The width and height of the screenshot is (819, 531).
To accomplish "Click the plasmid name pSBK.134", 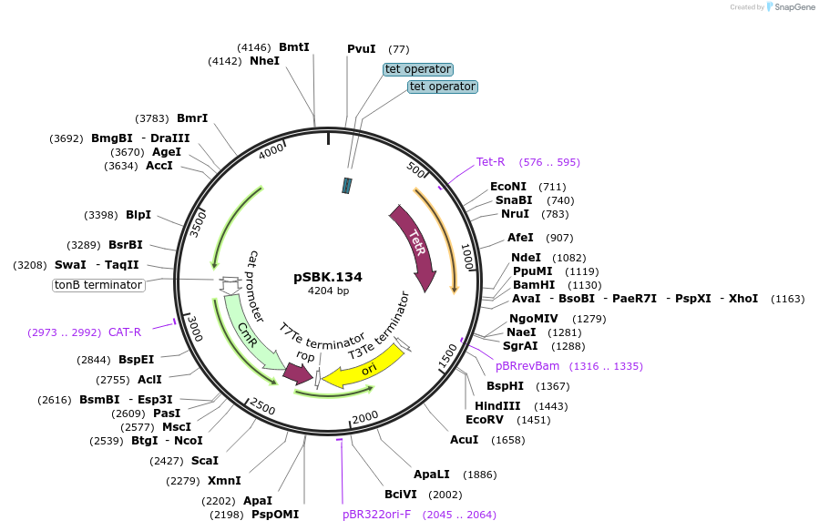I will pyautogui.click(x=328, y=276).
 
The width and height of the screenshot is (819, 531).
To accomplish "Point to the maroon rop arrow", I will pyautogui.click(x=298, y=373).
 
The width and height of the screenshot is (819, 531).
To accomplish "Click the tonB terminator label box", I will pyautogui.click(x=98, y=285).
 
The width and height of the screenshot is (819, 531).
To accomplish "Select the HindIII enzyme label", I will pyautogui.click(x=497, y=406).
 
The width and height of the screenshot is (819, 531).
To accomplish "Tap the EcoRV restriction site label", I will pyautogui.click(x=485, y=420).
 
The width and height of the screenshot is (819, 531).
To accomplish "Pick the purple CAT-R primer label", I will pyautogui.click(x=125, y=332).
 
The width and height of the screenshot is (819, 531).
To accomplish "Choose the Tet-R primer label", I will pyautogui.click(x=490, y=162).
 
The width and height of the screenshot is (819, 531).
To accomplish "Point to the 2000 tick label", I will pyautogui.click(x=364, y=416).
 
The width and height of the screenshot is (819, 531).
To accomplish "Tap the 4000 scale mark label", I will pyautogui.click(x=271, y=153).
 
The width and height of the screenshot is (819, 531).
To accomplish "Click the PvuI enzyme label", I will pyautogui.click(x=361, y=48).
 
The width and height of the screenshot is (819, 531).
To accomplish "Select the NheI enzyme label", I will pyautogui.click(x=264, y=61).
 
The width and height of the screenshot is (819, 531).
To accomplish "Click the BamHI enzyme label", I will pyautogui.click(x=534, y=284).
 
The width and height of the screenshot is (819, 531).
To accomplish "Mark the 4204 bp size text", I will pyautogui.click(x=328, y=291).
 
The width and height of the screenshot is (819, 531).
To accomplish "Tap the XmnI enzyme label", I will pyautogui.click(x=224, y=481).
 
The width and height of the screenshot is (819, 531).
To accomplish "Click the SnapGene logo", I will pyautogui.click(x=790, y=6).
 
